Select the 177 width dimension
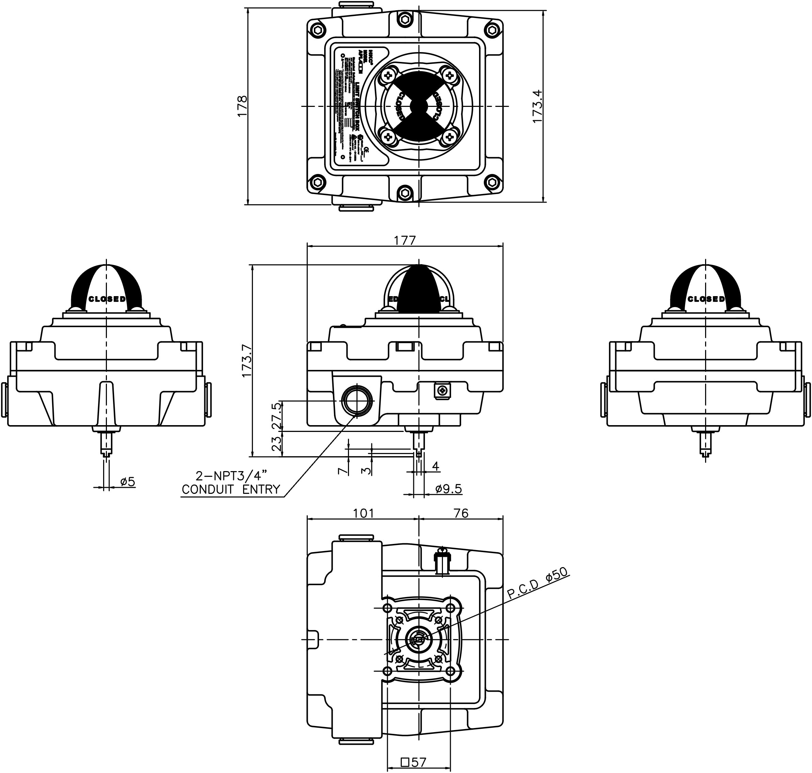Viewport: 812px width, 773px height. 405,240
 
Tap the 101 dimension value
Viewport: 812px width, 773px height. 364,513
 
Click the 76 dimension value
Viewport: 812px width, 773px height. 461,513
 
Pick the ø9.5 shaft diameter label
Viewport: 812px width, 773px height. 448,489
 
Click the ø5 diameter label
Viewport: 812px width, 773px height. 128,481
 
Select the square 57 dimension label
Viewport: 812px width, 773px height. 413,762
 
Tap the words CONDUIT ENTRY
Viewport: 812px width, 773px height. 231,489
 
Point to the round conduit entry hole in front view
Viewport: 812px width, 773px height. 357,400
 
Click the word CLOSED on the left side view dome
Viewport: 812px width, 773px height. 107,299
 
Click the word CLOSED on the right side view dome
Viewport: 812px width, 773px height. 706,299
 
